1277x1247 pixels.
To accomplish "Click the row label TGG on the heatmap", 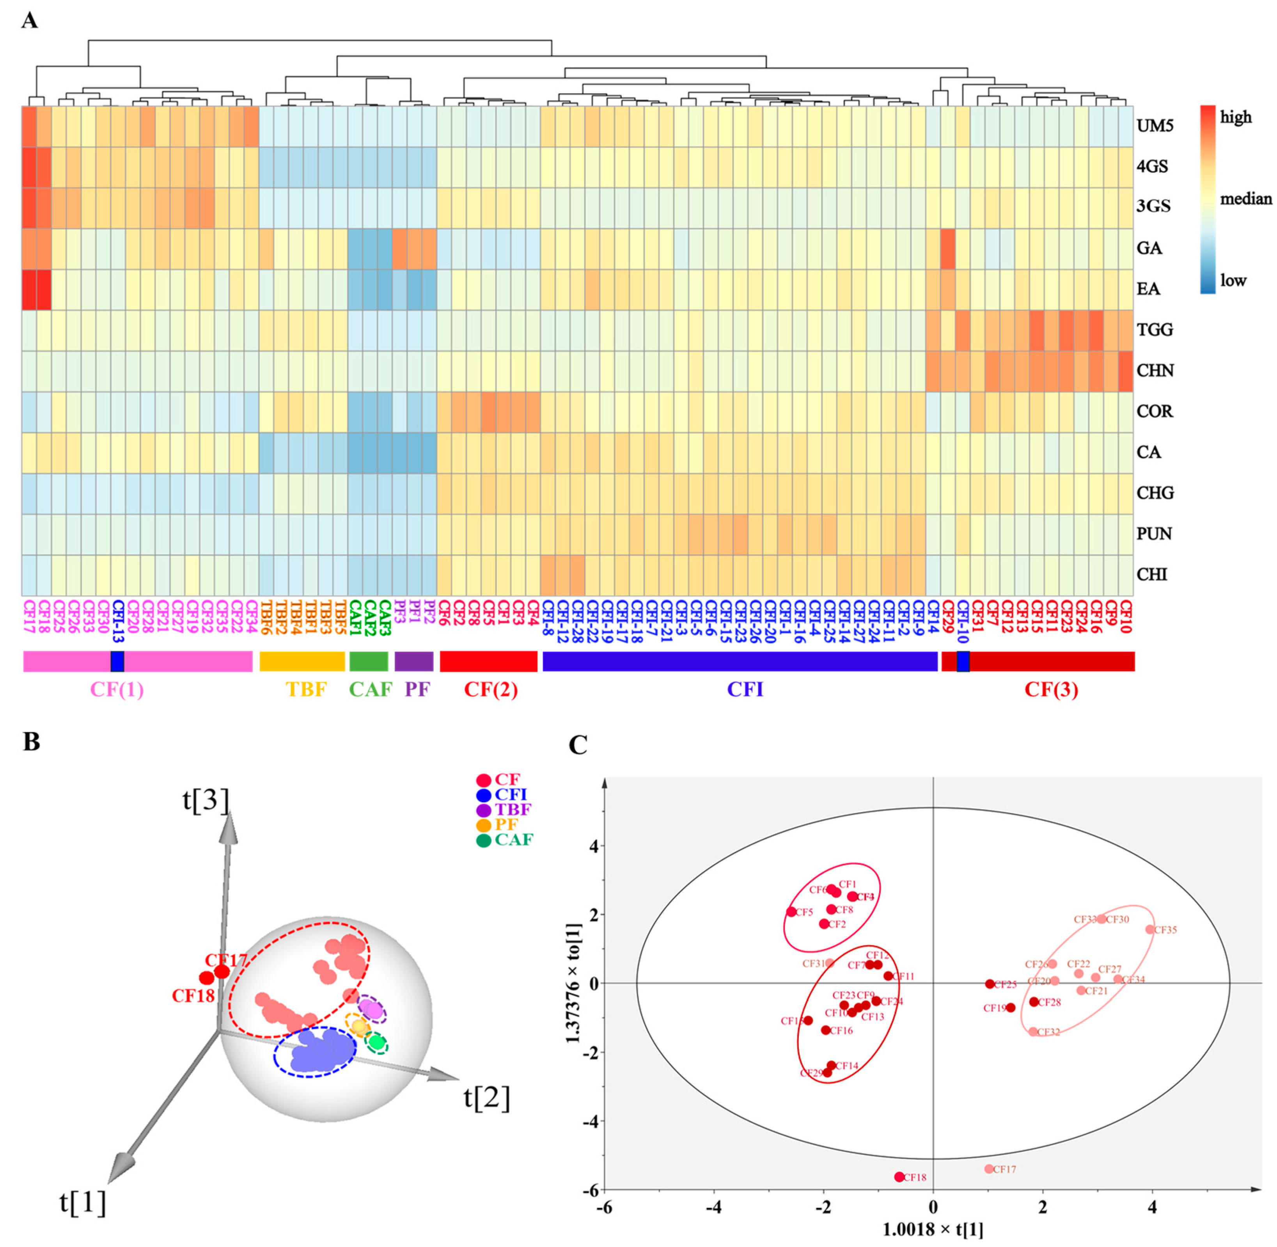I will pos(1155,329).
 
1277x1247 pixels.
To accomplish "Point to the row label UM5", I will pos(1155,125).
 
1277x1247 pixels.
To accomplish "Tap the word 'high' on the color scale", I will pos(1236,117).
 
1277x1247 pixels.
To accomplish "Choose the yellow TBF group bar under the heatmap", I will pos(302,661).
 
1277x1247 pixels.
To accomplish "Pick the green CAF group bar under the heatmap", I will pos(369,661).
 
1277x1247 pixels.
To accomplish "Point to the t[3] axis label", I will pos(206,800).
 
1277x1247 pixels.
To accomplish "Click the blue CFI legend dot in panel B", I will pos(484,796).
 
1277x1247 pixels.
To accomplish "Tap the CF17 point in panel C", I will pos(989,1169).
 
